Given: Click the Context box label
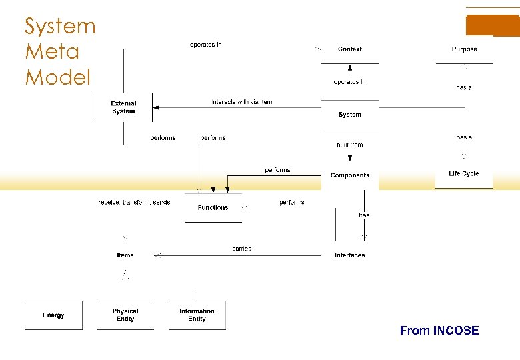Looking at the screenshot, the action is [350, 49].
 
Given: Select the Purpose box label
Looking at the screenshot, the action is [464, 49].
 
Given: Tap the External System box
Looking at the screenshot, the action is [123, 107].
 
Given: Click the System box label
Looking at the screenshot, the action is [349, 115].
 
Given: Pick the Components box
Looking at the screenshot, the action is [349, 175].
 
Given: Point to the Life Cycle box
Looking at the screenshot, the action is [464, 174].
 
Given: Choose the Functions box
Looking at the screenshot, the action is [213, 208].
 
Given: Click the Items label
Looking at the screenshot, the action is [125, 255].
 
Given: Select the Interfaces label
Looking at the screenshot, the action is [349, 255].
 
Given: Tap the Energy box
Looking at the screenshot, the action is [53, 315].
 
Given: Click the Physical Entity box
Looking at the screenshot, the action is [125, 315].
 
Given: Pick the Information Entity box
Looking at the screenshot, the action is [197, 315].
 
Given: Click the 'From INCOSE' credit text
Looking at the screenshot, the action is [439, 331].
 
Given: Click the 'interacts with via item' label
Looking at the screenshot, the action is [242, 102].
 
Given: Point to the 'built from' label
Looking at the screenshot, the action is [349, 145].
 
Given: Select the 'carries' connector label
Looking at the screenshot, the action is [241, 249].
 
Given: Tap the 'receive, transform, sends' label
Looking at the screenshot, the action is [135, 202].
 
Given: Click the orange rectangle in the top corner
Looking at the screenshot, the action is [492, 25].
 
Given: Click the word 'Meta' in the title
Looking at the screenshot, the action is [52, 51].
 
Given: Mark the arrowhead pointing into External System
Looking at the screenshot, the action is [155, 107].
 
